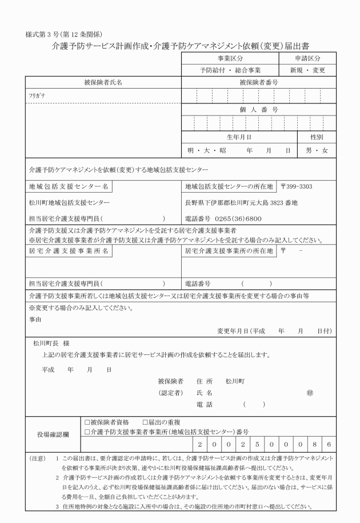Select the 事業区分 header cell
[x=230, y=58]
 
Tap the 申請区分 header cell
[x=307, y=58]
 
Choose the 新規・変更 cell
[x=307, y=70]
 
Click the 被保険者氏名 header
[x=103, y=82]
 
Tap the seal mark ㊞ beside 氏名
[x=309, y=393]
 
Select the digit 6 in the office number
[x=329, y=444]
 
